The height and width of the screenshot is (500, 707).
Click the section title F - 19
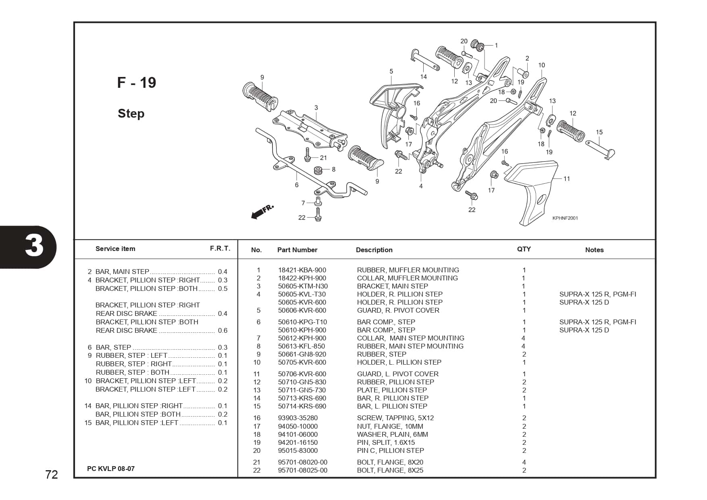pyautogui.click(x=136, y=83)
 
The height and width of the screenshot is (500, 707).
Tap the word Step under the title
pyautogui.click(x=131, y=114)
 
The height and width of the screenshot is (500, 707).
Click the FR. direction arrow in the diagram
pyautogui.click(x=262, y=212)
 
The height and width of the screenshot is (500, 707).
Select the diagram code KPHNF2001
pyautogui.click(x=565, y=218)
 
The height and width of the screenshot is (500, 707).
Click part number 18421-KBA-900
pyautogui.click(x=302, y=270)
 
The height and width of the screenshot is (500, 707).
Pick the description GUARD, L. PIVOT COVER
pyautogui.click(x=397, y=374)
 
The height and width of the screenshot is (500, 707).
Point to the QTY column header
pyautogui.click(x=524, y=249)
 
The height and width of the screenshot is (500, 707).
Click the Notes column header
pyautogui.click(x=594, y=250)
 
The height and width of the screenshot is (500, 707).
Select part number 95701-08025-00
pyautogui.click(x=302, y=470)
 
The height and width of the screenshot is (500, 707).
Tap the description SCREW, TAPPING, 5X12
pyautogui.click(x=395, y=418)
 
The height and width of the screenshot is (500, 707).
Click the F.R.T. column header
pyautogui.click(x=220, y=249)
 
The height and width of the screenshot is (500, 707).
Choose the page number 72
pyautogui.click(x=52, y=475)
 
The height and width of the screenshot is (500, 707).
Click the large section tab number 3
pyautogui.click(x=34, y=246)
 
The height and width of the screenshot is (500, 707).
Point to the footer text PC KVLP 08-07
pyautogui.click(x=111, y=469)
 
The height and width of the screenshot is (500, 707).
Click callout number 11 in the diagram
pyautogui.click(x=567, y=178)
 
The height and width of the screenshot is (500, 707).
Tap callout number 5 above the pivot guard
pyautogui.click(x=391, y=71)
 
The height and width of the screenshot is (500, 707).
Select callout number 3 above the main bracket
pyautogui.click(x=316, y=108)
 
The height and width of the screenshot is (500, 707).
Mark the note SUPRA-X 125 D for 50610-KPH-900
pyautogui.click(x=584, y=330)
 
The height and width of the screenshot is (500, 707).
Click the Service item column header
pyautogui.click(x=115, y=249)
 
